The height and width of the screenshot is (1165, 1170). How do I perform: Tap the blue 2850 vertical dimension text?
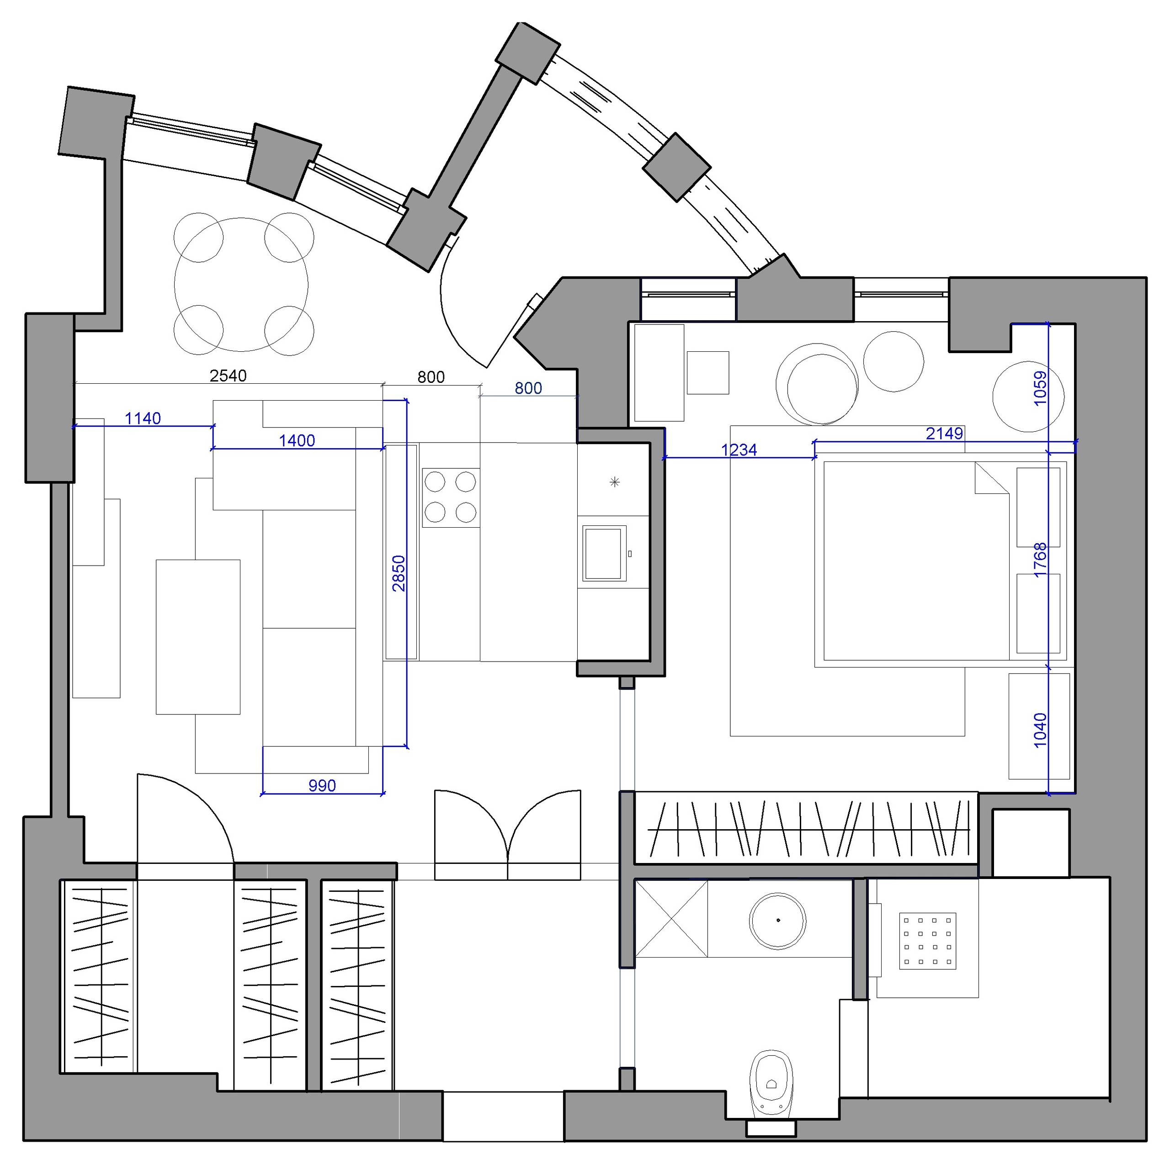tap(399, 573)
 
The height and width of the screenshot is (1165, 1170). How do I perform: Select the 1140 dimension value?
tap(143, 418)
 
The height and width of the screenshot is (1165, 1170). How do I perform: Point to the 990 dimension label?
tap(322, 786)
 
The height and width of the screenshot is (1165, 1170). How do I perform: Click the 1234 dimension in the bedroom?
tap(739, 450)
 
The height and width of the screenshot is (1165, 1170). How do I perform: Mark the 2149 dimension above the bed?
tap(945, 434)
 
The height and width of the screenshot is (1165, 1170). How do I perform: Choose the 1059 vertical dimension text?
tap(1040, 388)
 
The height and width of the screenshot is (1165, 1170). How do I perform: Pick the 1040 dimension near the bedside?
tap(1040, 730)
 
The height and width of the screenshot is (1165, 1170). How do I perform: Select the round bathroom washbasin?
tap(778, 921)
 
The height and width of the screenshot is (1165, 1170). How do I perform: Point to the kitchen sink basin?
tap(604, 553)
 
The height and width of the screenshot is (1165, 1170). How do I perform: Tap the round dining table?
tap(241, 285)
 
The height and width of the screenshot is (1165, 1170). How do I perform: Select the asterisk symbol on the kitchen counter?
tap(615, 482)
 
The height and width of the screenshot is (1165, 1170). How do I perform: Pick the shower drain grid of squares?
tap(928, 942)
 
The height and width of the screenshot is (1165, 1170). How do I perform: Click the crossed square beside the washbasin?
tap(671, 919)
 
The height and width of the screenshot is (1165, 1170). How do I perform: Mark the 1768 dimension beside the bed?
tap(1040, 560)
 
